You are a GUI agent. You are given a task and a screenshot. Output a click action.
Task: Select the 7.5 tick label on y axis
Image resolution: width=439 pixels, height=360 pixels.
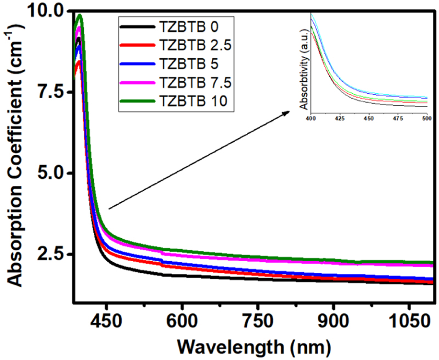pyautogui.click(x=53, y=92)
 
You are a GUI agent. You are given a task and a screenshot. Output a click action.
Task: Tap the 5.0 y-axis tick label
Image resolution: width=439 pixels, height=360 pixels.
pyautogui.click(x=53, y=173)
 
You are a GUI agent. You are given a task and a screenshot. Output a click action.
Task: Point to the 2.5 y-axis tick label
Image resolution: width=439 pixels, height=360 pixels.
pyautogui.click(x=53, y=255)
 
